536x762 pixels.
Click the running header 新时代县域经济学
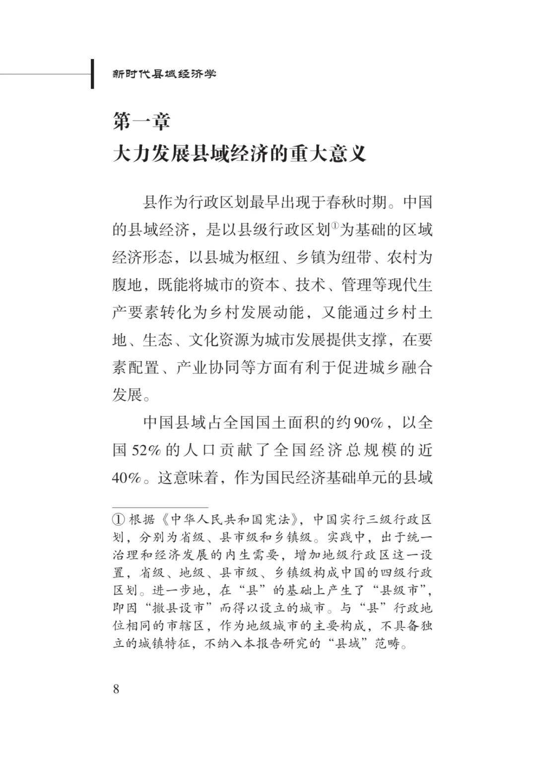click(164, 74)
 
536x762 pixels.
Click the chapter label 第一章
click(141, 121)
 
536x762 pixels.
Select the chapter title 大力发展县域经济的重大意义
click(239, 153)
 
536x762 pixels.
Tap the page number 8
click(116, 689)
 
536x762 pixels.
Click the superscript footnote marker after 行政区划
click(335, 226)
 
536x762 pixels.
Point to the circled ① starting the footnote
click(118, 520)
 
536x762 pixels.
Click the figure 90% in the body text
click(368, 423)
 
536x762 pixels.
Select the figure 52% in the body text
click(146, 450)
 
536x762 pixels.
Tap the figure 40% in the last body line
click(127, 478)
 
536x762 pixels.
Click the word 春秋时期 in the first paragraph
click(356, 202)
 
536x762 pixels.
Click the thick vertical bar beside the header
click(92, 74)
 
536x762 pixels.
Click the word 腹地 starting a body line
click(128, 285)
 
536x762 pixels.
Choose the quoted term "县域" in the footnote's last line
click(347, 644)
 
